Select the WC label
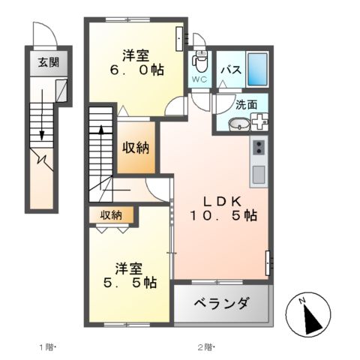coord(199,79)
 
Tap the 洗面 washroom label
coord(246,105)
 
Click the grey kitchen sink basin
coord(259,175)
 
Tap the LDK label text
coord(223,200)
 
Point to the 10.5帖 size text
coord(223,216)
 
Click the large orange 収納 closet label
coord(136,146)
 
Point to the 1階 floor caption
coord(47,347)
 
